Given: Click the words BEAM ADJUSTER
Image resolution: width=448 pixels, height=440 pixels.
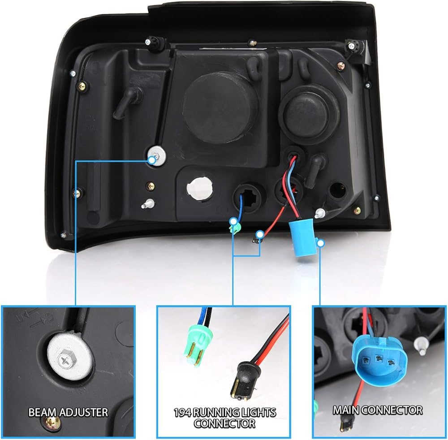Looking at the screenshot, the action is point(68,412).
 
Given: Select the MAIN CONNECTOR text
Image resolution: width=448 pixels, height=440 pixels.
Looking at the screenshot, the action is point(377,410).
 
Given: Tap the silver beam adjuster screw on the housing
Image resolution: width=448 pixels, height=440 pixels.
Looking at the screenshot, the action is point(157,155).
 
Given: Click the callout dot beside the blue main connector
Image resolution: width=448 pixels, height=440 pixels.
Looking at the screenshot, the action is point(320,242).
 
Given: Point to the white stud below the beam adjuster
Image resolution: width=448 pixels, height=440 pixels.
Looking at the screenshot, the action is point(146,204).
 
